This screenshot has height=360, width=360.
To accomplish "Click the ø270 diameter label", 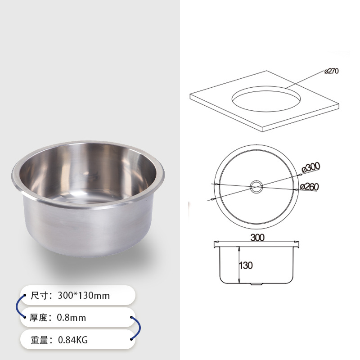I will point(332,72).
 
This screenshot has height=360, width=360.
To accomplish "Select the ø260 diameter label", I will point(310,186).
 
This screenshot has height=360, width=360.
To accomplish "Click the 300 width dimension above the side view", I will point(257,238).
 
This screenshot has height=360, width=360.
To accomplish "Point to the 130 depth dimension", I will point(246,265).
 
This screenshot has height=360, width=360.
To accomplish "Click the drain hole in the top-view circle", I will point(256,186).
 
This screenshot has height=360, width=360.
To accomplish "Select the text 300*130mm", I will point(83,296).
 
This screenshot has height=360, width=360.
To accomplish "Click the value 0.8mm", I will point(71,318).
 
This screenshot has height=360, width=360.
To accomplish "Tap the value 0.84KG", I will point(72,340).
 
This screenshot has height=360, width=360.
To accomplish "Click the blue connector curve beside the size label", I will point(18,306).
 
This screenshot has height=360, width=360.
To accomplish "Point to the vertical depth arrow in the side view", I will point(238,265).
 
